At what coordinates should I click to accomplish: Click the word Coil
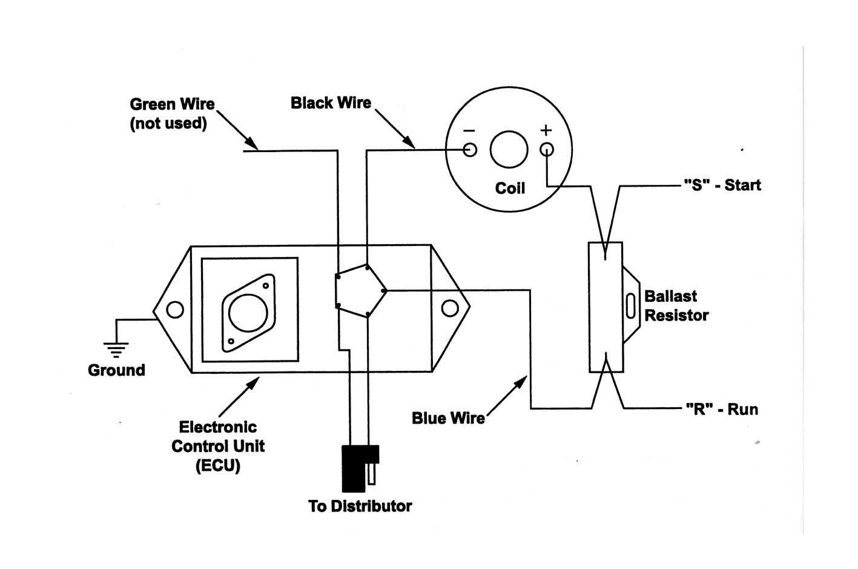pyautogui.click(x=510, y=188)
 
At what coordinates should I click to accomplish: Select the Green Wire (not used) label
pyautogui.click(x=172, y=113)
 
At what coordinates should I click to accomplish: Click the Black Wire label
pyautogui.click(x=331, y=103)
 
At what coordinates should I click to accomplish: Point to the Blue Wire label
pyautogui.click(x=448, y=418)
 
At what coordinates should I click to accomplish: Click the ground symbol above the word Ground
pyautogui.click(x=116, y=349)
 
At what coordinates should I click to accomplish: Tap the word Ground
pyautogui.click(x=116, y=370)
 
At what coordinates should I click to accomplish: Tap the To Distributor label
pyautogui.click(x=360, y=506)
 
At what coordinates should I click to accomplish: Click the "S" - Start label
pyautogui.click(x=722, y=185)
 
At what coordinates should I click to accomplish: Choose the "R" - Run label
pyautogui.click(x=722, y=410)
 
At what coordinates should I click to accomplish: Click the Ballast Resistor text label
pyautogui.click(x=676, y=306)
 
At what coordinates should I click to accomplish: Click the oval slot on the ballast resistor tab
pyautogui.click(x=630, y=305)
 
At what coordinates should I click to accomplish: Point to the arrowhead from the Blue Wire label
pyautogui.click(x=521, y=382)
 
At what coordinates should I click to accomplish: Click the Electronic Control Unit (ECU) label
pyautogui.click(x=218, y=447)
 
